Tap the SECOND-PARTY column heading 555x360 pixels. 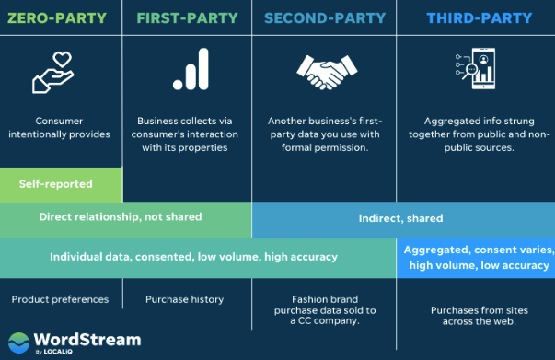click(x=323, y=17)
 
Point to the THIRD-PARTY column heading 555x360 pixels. click(x=475, y=17)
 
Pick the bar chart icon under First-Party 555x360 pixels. click(x=188, y=72)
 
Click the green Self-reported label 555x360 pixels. click(x=56, y=184)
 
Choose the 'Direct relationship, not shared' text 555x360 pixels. click(x=121, y=217)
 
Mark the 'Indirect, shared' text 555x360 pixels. click(x=400, y=218)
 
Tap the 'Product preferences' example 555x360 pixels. click(x=60, y=299)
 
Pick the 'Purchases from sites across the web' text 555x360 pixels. click(x=474, y=316)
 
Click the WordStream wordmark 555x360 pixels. click(x=88, y=340)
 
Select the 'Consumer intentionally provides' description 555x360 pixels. click(x=60, y=127)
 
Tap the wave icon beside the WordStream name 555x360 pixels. click(x=18, y=343)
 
